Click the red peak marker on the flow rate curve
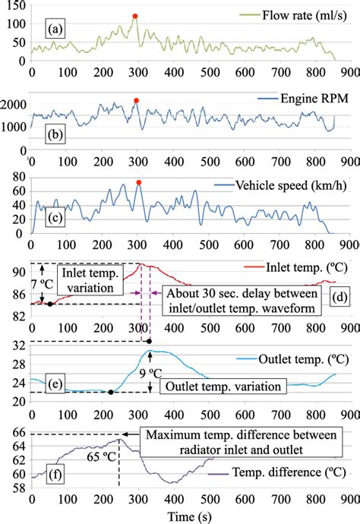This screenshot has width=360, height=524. tap(134, 16)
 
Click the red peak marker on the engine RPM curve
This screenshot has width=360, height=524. tap(136, 100)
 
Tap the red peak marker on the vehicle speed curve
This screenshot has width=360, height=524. tap(138, 182)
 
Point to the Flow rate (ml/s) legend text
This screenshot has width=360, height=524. tap(300, 15)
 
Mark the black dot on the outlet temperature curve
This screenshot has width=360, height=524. tap(111, 392)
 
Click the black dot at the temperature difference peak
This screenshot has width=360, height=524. tap(118, 440)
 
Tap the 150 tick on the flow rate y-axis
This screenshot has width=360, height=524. tap(15, 6)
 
